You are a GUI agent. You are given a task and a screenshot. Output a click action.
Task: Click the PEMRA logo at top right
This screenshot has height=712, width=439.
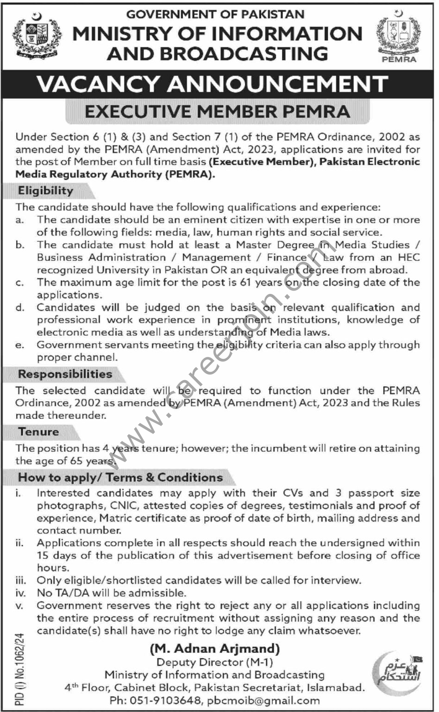pos(399,38)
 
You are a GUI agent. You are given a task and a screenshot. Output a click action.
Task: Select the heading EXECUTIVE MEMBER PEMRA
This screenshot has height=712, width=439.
pos(217,112)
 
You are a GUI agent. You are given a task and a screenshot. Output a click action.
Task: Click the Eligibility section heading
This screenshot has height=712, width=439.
pos(45,191)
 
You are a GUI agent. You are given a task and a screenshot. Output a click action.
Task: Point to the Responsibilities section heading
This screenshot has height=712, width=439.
pos(65,374)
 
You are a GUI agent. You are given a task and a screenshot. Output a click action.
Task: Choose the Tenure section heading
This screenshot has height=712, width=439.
pos(38,432)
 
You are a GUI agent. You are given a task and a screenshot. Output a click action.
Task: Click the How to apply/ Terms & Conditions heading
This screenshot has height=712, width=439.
pos(120,477)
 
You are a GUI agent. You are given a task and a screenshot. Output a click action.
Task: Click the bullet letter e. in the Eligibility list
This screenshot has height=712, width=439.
pos(19,345)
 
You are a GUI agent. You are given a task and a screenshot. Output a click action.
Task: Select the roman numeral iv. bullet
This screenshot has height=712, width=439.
pos(20,593)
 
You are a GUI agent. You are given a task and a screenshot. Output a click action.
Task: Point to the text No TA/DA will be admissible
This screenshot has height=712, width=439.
pos(111,593)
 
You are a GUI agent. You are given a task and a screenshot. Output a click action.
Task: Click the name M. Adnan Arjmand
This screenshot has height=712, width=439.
pos(215,649)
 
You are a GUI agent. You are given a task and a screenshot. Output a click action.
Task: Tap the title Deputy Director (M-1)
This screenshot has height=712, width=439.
pos(215,662)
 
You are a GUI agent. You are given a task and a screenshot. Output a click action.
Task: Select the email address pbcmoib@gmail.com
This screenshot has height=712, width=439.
pos(264,700)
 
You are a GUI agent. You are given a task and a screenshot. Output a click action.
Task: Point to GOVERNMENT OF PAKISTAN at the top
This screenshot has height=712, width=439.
pos(215,14)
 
